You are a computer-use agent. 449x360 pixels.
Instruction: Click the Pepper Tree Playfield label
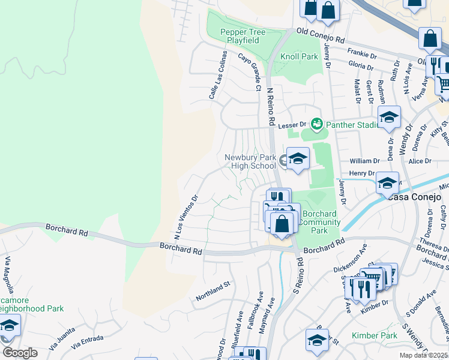coord(239,36)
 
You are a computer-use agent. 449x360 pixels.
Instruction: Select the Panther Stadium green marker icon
coord(316,124)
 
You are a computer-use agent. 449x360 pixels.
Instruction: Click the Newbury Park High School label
coord(250,161)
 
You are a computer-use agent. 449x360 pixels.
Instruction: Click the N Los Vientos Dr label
coord(186,214)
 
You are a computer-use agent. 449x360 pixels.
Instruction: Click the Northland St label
coord(213,290)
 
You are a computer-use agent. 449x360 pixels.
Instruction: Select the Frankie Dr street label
coord(361,52)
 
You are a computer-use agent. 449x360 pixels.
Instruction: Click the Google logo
coord(20,353)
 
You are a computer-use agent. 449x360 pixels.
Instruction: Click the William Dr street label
coord(365,161)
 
